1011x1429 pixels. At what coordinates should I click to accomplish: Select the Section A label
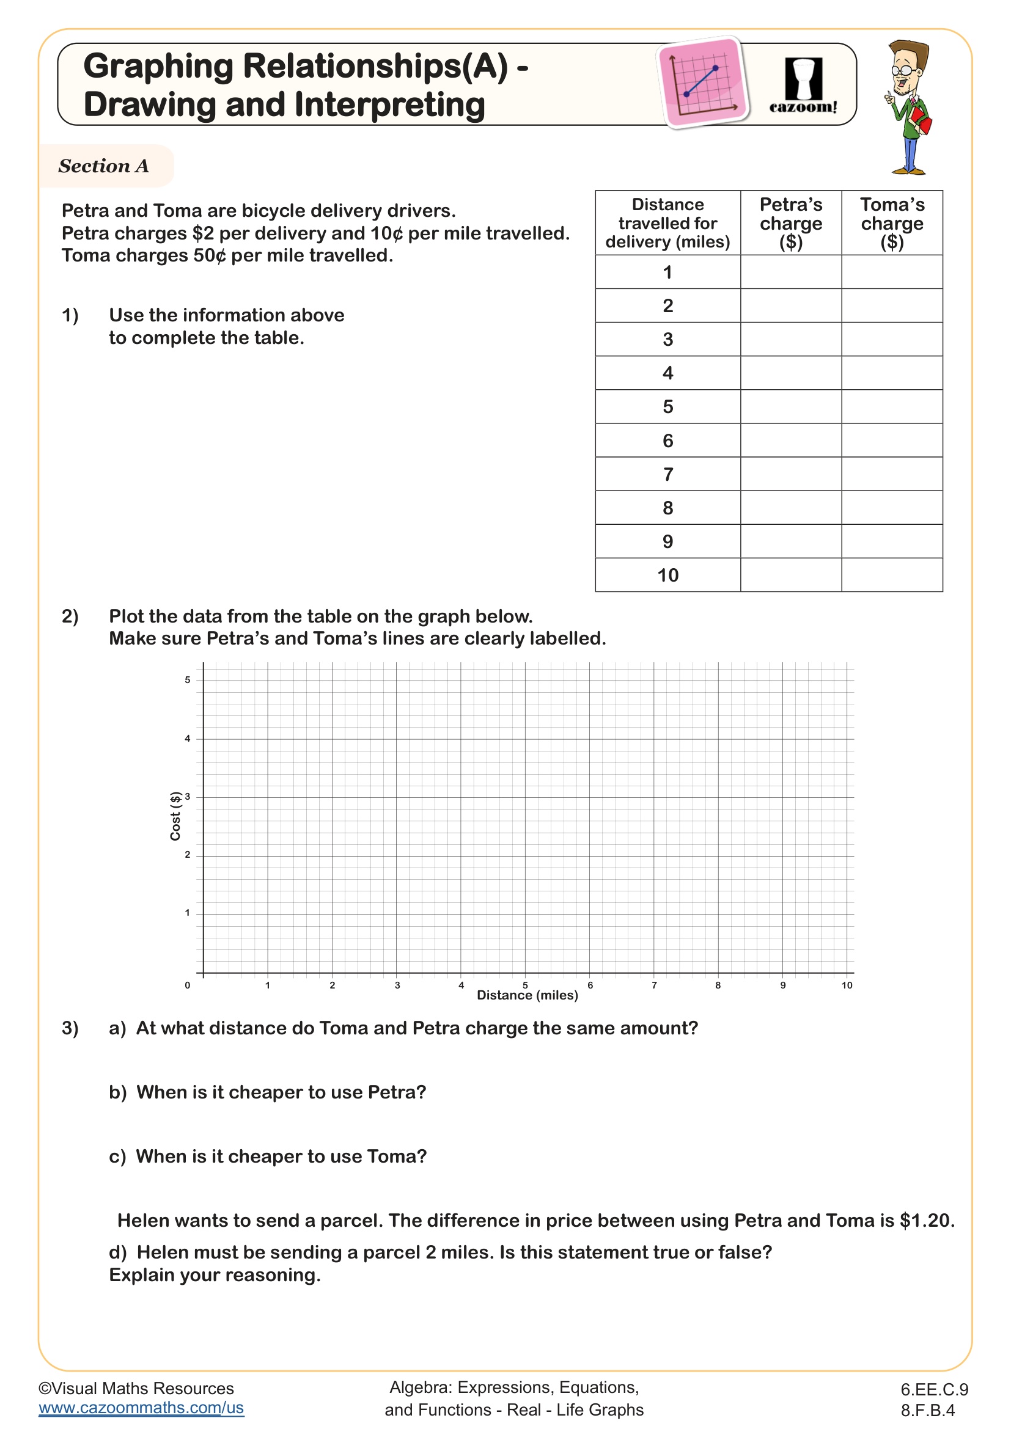point(104,166)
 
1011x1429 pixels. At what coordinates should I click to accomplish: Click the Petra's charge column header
point(790,223)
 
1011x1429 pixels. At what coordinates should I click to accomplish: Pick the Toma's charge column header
point(891,223)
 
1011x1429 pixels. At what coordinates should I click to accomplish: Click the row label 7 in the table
point(667,474)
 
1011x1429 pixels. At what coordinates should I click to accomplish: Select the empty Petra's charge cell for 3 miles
point(790,339)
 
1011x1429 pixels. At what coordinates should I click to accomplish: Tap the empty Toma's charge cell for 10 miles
point(891,575)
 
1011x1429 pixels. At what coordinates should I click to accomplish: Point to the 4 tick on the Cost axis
point(188,739)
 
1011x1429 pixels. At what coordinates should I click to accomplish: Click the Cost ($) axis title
point(175,816)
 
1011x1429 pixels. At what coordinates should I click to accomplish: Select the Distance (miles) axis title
point(528,996)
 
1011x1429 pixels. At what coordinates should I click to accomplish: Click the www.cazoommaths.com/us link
point(141,1408)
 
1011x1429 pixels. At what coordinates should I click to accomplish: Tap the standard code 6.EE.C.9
point(934,1389)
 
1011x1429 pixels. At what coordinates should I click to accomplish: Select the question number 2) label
point(70,616)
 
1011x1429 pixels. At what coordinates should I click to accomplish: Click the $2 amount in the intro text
point(203,233)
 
